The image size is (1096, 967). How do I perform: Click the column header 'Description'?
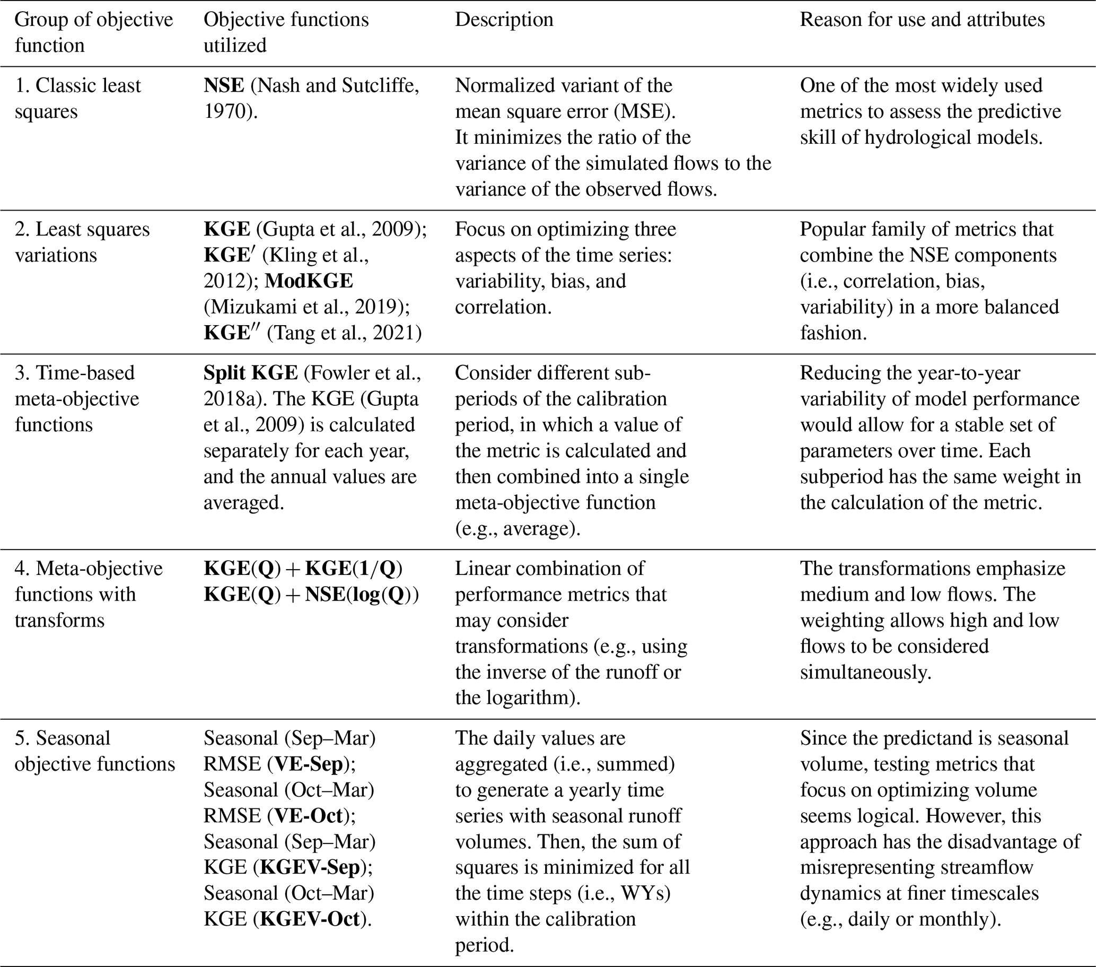pyautogui.click(x=504, y=20)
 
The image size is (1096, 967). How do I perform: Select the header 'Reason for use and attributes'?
pyautogui.click(x=922, y=20)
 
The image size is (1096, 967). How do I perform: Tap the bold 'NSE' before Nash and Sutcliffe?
pyautogui.click(x=224, y=86)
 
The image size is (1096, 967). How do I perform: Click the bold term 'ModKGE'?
pyautogui.click(x=309, y=281)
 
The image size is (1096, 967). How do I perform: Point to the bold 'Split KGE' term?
pyautogui.click(x=250, y=373)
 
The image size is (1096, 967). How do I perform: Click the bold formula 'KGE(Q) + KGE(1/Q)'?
pyautogui.click(x=302, y=569)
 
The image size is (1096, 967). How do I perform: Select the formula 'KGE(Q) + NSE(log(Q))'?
pyautogui.click(x=311, y=595)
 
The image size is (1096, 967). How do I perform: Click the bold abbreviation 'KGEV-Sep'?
pyautogui.click(x=309, y=868)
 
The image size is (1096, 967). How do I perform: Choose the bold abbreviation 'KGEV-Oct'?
pyautogui.click(x=309, y=920)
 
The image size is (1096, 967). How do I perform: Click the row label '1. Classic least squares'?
pyautogui.click(x=77, y=99)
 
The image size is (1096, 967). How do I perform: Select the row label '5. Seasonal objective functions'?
pyautogui.click(x=94, y=751)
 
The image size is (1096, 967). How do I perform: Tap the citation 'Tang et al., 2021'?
pyautogui.click(x=344, y=333)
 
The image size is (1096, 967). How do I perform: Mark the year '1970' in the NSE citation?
pyautogui.click(x=225, y=112)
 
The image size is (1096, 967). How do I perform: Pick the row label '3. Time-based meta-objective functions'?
pyautogui.click(x=77, y=399)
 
